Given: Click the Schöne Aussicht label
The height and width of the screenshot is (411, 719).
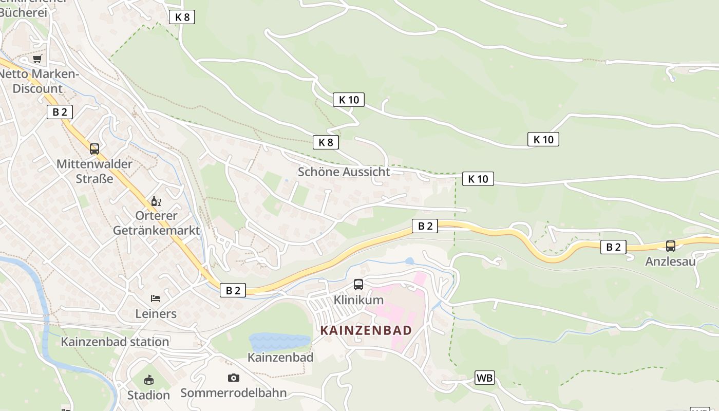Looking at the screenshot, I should (x=344, y=172).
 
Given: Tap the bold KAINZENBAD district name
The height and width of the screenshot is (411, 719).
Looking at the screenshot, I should (x=366, y=330).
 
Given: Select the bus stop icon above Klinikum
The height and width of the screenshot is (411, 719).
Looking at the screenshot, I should (x=358, y=284).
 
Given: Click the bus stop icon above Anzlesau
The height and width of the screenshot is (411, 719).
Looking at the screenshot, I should (x=671, y=246).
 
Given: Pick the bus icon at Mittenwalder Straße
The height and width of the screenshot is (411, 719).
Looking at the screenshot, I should (x=94, y=149).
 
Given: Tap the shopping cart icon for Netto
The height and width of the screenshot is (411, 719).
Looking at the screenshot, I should (x=37, y=59).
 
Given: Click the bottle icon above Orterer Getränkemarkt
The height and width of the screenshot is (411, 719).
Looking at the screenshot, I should (x=156, y=201).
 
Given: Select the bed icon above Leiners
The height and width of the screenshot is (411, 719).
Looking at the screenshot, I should (x=156, y=298).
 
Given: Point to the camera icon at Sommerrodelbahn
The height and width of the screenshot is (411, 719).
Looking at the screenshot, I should (x=233, y=378).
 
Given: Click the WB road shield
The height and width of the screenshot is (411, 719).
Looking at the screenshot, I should (x=484, y=378).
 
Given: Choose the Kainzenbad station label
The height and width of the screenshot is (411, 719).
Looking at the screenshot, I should (x=115, y=342).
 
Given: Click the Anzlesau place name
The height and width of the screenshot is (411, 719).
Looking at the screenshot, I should (x=670, y=261).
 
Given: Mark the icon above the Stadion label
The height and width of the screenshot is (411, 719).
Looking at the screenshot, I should (x=148, y=380).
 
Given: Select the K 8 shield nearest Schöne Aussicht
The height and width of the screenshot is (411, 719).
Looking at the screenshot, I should (x=326, y=142).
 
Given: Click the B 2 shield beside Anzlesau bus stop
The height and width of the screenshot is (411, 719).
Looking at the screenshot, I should (x=613, y=247).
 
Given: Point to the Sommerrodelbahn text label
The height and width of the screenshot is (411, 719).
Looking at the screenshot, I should (x=233, y=393).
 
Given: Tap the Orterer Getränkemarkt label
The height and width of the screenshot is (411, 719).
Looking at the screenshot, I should (x=156, y=223).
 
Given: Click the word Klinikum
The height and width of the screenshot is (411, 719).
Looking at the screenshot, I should (x=358, y=300).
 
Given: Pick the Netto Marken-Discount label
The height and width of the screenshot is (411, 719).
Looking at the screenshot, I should (x=39, y=81).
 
